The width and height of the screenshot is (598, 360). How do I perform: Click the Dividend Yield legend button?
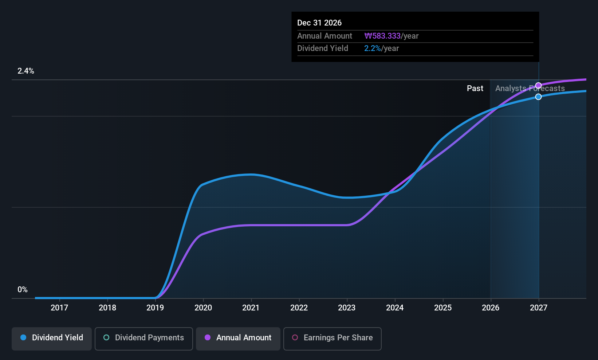(51, 339)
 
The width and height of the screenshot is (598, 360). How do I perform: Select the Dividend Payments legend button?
(143, 339)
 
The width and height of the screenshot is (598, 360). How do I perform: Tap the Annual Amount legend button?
(238, 339)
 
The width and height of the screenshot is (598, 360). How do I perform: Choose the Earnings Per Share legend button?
(333, 339)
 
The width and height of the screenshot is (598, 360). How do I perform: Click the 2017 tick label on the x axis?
(59, 308)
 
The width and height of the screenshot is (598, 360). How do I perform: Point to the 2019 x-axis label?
(155, 308)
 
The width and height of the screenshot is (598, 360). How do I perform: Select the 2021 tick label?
(251, 308)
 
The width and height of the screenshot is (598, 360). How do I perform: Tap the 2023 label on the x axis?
(347, 308)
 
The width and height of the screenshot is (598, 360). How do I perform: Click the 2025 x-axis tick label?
(443, 308)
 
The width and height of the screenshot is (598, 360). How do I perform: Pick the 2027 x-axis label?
(539, 308)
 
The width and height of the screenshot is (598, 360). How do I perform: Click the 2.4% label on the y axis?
(26, 71)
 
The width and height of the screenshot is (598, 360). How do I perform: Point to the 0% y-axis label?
(23, 290)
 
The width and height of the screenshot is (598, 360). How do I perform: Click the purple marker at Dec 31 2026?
(539, 86)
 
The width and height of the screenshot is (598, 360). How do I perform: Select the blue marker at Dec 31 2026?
(539, 97)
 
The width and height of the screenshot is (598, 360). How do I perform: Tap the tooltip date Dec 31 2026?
(319, 23)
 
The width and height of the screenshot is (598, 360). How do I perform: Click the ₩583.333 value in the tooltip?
(382, 36)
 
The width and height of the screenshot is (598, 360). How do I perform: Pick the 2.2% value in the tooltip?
(373, 48)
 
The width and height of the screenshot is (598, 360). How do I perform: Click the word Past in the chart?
(475, 89)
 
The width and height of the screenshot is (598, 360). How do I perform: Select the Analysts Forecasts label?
(530, 89)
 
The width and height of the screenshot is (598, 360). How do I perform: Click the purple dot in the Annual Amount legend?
(208, 337)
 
